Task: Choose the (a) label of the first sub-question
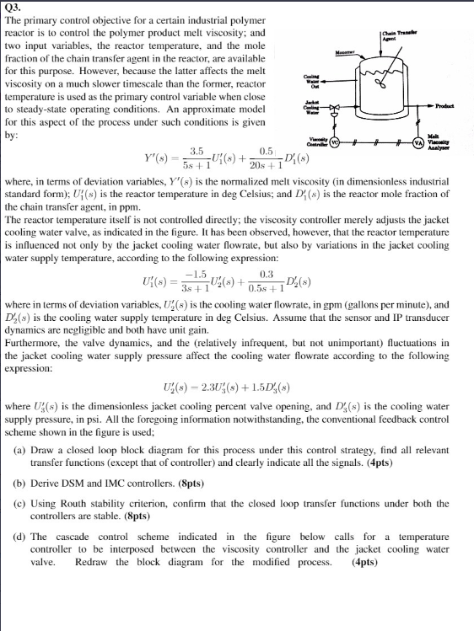[22, 451]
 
